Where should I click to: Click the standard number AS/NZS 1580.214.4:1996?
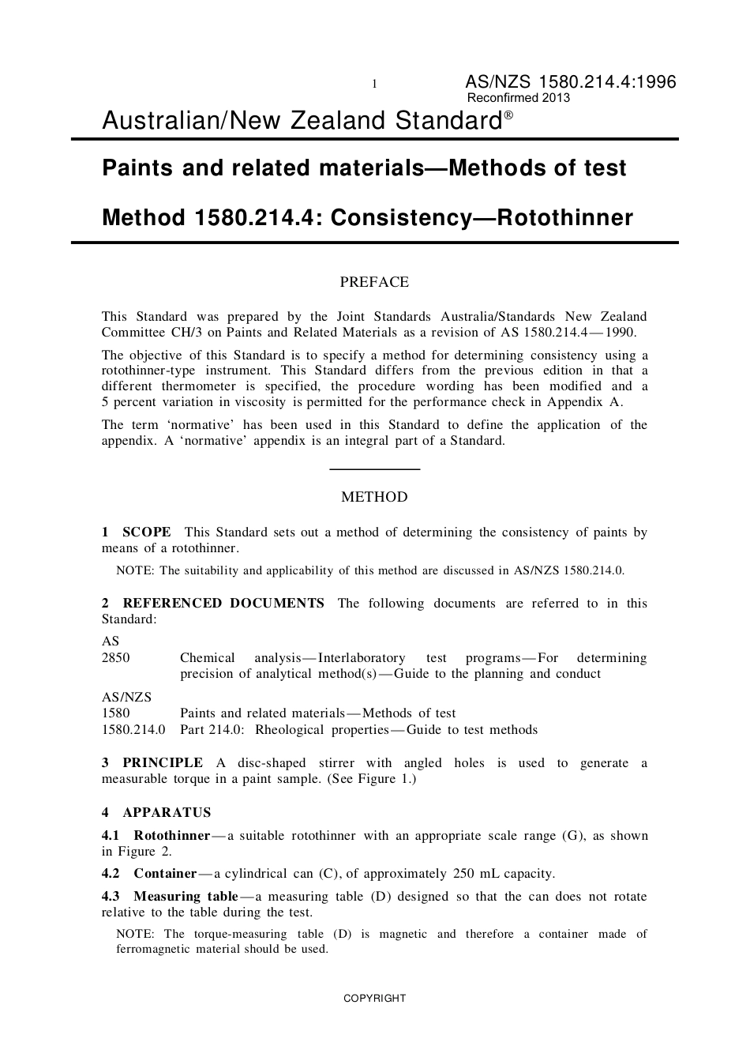click(570, 82)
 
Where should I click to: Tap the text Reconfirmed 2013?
click(519, 98)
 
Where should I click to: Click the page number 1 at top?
click(374, 85)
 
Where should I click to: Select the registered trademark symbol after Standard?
click(508, 115)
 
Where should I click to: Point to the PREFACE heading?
click(374, 282)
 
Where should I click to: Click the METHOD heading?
click(374, 497)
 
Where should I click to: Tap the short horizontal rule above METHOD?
click(374, 469)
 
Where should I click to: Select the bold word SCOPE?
click(147, 532)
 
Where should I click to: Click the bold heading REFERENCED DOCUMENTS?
click(223, 604)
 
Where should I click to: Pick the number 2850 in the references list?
click(115, 658)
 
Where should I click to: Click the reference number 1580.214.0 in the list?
click(133, 730)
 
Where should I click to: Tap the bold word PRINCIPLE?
click(163, 763)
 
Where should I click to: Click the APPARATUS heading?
click(167, 813)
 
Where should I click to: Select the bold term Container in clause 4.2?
click(165, 874)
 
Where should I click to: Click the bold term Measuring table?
click(186, 897)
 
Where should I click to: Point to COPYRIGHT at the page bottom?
click(374, 999)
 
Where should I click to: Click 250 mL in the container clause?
click(471, 874)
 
